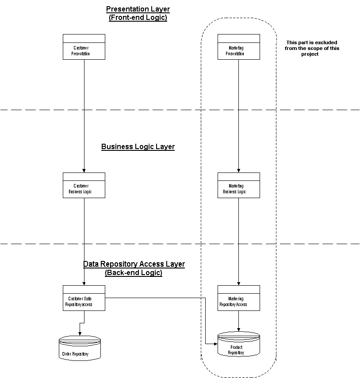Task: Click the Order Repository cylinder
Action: [80, 349]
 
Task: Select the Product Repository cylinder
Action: [239, 345]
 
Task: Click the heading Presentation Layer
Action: [138, 9]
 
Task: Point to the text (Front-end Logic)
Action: [138, 18]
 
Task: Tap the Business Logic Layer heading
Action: [138, 147]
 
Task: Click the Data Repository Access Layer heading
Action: [134, 264]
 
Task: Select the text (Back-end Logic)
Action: [134, 273]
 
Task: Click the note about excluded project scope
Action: [313, 48]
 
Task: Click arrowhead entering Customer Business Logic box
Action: [84, 171]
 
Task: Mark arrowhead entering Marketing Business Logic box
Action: [239, 171]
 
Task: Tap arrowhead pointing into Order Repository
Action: [80, 334]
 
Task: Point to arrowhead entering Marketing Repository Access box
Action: [239, 283]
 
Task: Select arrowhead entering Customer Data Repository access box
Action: [84, 283]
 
